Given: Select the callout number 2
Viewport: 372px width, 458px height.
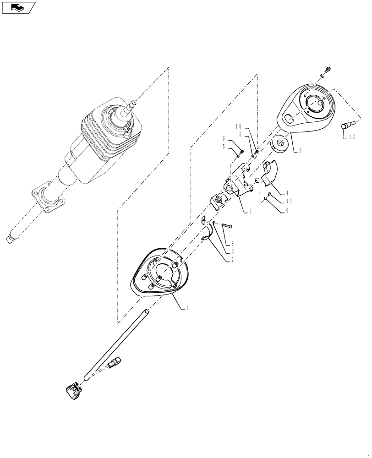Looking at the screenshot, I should pos(250,211).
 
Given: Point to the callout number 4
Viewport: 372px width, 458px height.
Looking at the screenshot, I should pos(287,192).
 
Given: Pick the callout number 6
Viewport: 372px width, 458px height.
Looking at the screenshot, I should pos(224,138).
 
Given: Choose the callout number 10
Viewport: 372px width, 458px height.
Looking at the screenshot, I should pos(239,126).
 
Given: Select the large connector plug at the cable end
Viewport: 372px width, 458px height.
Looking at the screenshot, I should pos(73,391).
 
